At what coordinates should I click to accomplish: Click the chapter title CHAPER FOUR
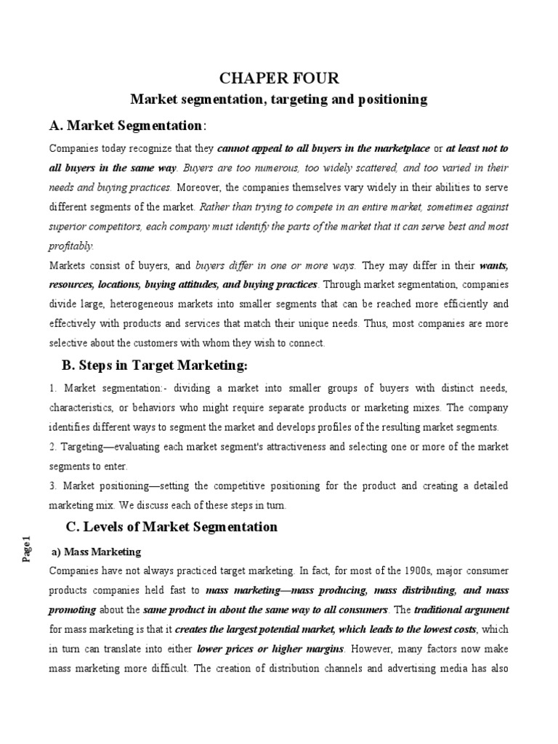(x=279, y=78)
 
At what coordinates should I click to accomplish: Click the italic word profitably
(x=71, y=246)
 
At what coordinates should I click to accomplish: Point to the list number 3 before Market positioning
(x=52, y=485)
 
